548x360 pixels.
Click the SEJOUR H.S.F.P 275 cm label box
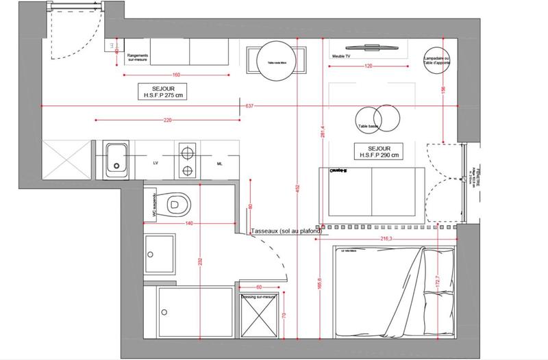[x=161, y=92]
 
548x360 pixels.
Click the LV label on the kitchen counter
[x=155, y=164]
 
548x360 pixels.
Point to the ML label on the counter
[x=219, y=164]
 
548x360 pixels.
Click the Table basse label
[x=368, y=127]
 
